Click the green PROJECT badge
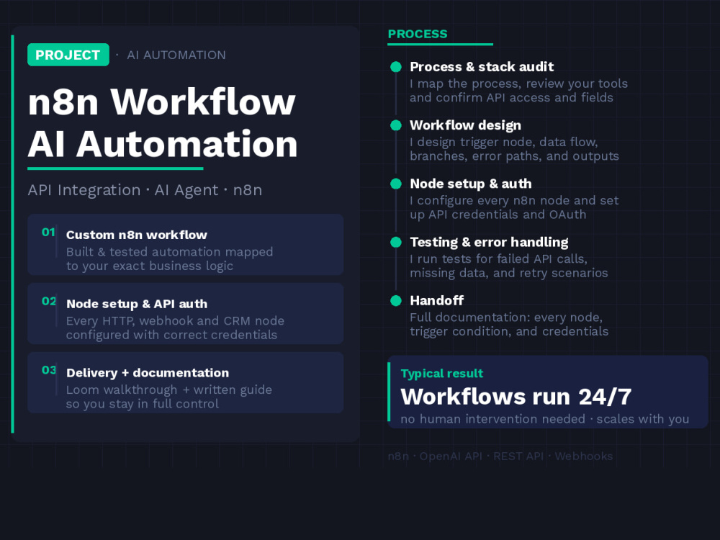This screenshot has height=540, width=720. pyautogui.click(x=68, y=55)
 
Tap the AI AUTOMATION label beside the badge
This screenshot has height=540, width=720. pyautogui.click(x=176, y=55)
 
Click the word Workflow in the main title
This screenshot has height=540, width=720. pyautogui.click(x=203, y=102)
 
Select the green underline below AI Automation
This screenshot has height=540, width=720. pyautogui.click(x=115, y=168)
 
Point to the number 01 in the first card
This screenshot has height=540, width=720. pyautogui.click(x=48, y=233)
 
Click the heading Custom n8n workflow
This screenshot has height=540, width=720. pyautogui.click(x=136, y=235)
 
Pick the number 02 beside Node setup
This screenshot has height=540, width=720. pyautogui.click(x=49, y=301)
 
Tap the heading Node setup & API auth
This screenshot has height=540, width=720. pyautogui.click(x=137, y=304)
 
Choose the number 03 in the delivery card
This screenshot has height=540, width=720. pyautogui.click(x=49, y=370)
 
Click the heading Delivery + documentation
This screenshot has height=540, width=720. pyautogui.click(x=148, y=373)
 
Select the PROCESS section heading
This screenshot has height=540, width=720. pyautogui.click(x=418, y=34)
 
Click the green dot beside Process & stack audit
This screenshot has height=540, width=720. pyautogui.click(x=396, y=67)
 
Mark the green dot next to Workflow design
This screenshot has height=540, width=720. pyautogui.click(x=396, y=125)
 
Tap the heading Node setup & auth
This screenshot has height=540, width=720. pyautogui.click(x=471, y=184)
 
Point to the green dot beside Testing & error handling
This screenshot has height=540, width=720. pyautogui.click(x=396, y=242)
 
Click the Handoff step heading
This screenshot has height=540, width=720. pyautogui.click(x=437, y=300)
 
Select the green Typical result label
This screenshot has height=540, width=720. pyautogui.click(x=442, y=373)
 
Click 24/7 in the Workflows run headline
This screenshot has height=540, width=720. pyautogui.click(x=605, y=397)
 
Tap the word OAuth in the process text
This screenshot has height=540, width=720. pyautogui.click(x=567, y=215)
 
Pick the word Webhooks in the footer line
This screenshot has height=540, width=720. pyautogui.click(x=584, y=456)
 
